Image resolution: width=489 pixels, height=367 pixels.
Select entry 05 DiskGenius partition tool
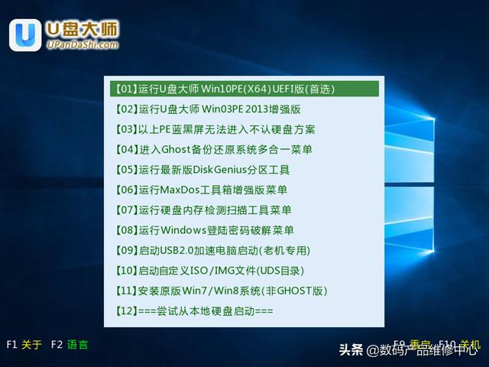[202, 170]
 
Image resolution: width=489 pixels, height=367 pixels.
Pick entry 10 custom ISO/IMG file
[210, 271]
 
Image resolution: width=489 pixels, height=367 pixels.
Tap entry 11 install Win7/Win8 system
[222, 291]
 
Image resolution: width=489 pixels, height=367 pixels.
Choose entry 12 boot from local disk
[194, 311]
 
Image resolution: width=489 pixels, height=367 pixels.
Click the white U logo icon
[25, 34]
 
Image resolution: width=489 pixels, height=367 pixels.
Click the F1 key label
[11, 345]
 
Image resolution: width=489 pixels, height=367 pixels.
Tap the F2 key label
[56, 345]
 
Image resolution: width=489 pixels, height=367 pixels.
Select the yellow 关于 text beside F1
[32, 345]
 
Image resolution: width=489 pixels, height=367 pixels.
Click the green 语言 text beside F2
[77, 345]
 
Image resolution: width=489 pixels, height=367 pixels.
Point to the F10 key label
[447, 344]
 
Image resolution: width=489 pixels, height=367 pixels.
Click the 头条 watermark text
[351, 350]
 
